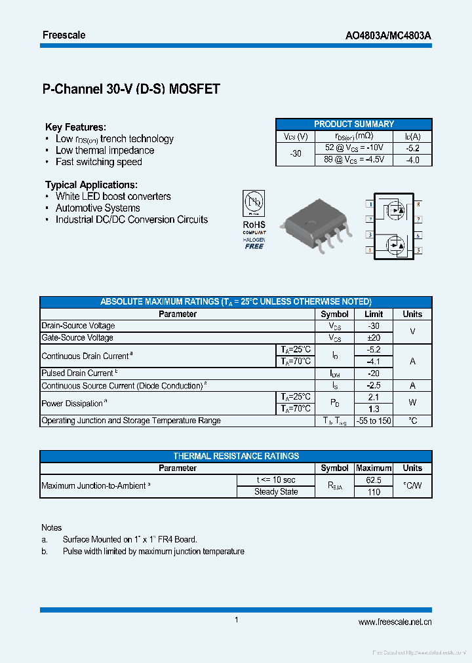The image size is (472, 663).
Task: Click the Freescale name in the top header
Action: click(64, 35)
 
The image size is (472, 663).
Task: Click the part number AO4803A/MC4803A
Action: click(388, 35)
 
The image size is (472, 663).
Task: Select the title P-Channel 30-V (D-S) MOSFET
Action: click(131, 90)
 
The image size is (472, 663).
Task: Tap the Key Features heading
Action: click(75, 127)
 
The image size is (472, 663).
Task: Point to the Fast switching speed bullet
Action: click(98, 162)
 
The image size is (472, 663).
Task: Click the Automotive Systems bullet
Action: click(98, 208)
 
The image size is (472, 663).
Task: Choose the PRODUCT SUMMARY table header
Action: click(353, 124)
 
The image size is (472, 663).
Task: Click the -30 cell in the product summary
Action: click(296, 154)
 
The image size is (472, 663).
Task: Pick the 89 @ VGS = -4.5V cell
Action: click(354, 160)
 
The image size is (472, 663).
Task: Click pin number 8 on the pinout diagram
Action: click(418, 204)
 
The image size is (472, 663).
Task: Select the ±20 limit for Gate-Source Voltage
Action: click(374, 337)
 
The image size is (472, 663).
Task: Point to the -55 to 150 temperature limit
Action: click(374, 421)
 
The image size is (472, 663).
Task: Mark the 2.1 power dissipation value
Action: click(374, 397)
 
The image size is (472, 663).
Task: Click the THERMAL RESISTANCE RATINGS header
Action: click(236, 456)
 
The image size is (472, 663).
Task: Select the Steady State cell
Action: click(276, 492)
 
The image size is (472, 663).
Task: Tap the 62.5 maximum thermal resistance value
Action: click(374, 480)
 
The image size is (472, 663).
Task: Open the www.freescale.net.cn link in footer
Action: click(395, 622)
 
